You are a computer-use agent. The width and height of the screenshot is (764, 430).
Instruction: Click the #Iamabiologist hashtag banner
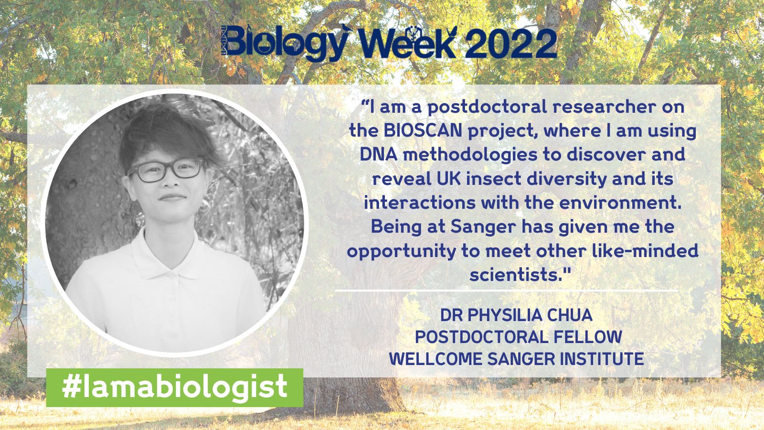[x=174, y=387]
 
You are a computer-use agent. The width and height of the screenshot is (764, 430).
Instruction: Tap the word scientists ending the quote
[x=513, y=275]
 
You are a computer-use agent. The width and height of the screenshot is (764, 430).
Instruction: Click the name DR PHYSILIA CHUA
[x=516, y=315]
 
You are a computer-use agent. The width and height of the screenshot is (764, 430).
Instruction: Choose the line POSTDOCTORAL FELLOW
[x=518, y=337]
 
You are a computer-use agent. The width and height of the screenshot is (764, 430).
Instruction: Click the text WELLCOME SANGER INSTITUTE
[x=517, y=358]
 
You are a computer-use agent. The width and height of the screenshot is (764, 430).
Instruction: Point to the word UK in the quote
[x=447, y=179]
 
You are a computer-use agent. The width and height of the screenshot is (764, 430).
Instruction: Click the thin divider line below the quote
[x=506, y=290]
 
